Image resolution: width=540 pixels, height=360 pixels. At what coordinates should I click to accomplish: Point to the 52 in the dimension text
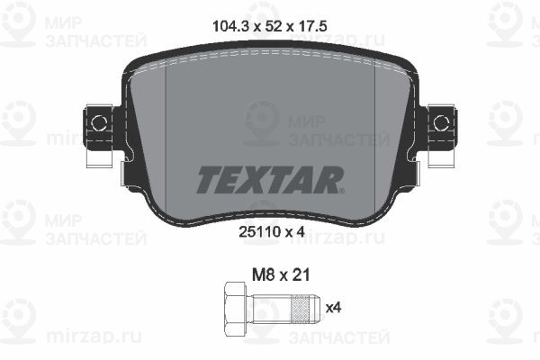pos(274,26)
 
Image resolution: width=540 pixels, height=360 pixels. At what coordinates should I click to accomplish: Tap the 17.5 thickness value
pos(311,26)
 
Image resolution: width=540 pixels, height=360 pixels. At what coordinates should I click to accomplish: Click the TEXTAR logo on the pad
pos(269,179)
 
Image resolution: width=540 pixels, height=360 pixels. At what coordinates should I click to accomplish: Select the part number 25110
pos(259,232)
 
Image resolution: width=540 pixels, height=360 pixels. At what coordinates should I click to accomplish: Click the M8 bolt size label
pos(263,275)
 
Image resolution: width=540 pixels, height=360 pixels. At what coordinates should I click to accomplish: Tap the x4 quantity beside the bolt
pos(333,307)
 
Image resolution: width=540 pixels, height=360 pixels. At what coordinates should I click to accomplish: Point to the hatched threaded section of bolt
pos(300,308)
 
